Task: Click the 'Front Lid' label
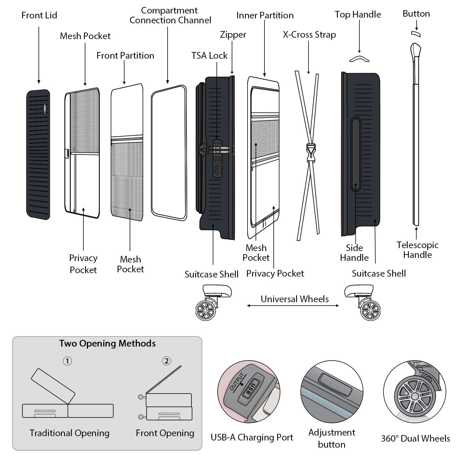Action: [39, 15]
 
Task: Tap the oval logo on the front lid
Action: [45, 108]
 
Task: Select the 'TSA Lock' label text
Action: [209, 55]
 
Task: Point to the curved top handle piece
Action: [359, 59]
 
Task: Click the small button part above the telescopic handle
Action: [416, 34]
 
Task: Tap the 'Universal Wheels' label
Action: [295, 299]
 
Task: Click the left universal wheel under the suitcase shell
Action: [206, 310]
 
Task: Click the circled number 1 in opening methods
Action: [67, 361]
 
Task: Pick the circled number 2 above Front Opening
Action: [166, 361]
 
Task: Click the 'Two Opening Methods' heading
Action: [107, 343]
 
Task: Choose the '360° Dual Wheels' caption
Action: [415, 438]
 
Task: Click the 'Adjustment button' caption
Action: [332, 438]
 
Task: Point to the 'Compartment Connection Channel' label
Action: [170, 15]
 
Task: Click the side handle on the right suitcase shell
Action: [356, 154]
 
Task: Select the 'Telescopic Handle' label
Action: [417, 250]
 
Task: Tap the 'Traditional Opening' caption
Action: [69, 433]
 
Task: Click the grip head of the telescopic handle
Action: [415, 50]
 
